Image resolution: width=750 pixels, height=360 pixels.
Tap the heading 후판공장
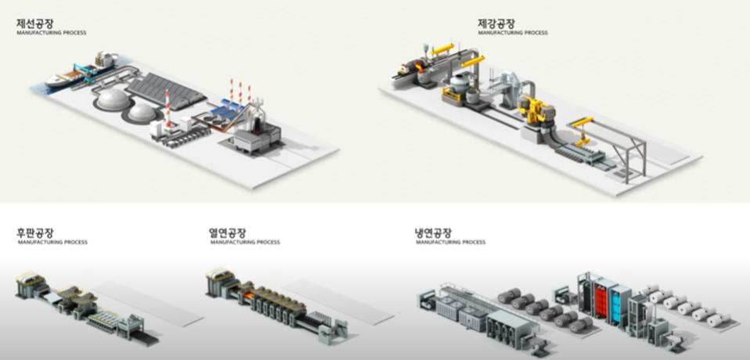pos(36,233)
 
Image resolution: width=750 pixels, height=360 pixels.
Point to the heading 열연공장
pos(228,233)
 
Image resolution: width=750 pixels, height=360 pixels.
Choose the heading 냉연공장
pos(433,233)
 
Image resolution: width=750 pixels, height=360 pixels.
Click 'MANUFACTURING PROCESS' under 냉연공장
pos(450,243)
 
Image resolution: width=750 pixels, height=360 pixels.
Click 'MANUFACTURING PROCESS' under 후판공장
pos(52,243)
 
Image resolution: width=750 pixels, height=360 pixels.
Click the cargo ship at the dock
pos(66,77)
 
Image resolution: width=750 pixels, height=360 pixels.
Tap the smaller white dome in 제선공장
pos(143,112)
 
